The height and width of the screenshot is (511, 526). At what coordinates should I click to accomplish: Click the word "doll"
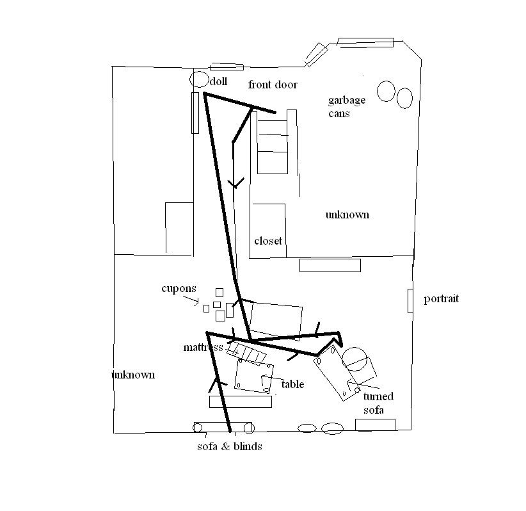point(218,81)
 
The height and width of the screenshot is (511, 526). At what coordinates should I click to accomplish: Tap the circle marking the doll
point(199,80)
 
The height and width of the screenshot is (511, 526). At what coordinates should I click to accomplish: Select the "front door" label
point(273,85)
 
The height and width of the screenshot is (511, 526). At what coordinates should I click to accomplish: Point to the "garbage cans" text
point(347,106)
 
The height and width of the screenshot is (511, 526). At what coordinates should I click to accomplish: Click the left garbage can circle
point(386,92)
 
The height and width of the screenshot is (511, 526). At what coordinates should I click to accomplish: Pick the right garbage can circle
point(404,98)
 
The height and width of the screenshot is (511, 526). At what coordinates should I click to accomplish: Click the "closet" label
point(268,241)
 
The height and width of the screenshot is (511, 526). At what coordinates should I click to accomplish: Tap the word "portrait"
point(441,299)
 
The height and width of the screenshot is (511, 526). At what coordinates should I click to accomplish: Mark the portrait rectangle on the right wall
point(410,300)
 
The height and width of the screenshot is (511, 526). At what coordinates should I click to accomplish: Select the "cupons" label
point(179,289)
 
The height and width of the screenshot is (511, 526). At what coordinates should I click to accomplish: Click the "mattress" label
point(203,348)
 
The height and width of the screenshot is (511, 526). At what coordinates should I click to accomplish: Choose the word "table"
point(292,384)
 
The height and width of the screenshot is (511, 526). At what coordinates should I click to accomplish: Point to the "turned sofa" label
point(378,403)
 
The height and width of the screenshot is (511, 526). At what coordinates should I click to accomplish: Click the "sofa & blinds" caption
point(229,446)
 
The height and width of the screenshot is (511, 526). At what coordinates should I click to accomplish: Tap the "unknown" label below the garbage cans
point(347,215)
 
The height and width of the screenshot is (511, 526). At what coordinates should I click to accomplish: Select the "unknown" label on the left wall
point(133,375)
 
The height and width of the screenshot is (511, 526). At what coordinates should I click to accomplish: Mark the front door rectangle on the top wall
point(227,67)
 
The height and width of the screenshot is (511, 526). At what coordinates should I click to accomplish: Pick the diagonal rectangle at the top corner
point(316,54)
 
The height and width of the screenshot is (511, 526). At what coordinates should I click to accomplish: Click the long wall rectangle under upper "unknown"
point(330,265)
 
